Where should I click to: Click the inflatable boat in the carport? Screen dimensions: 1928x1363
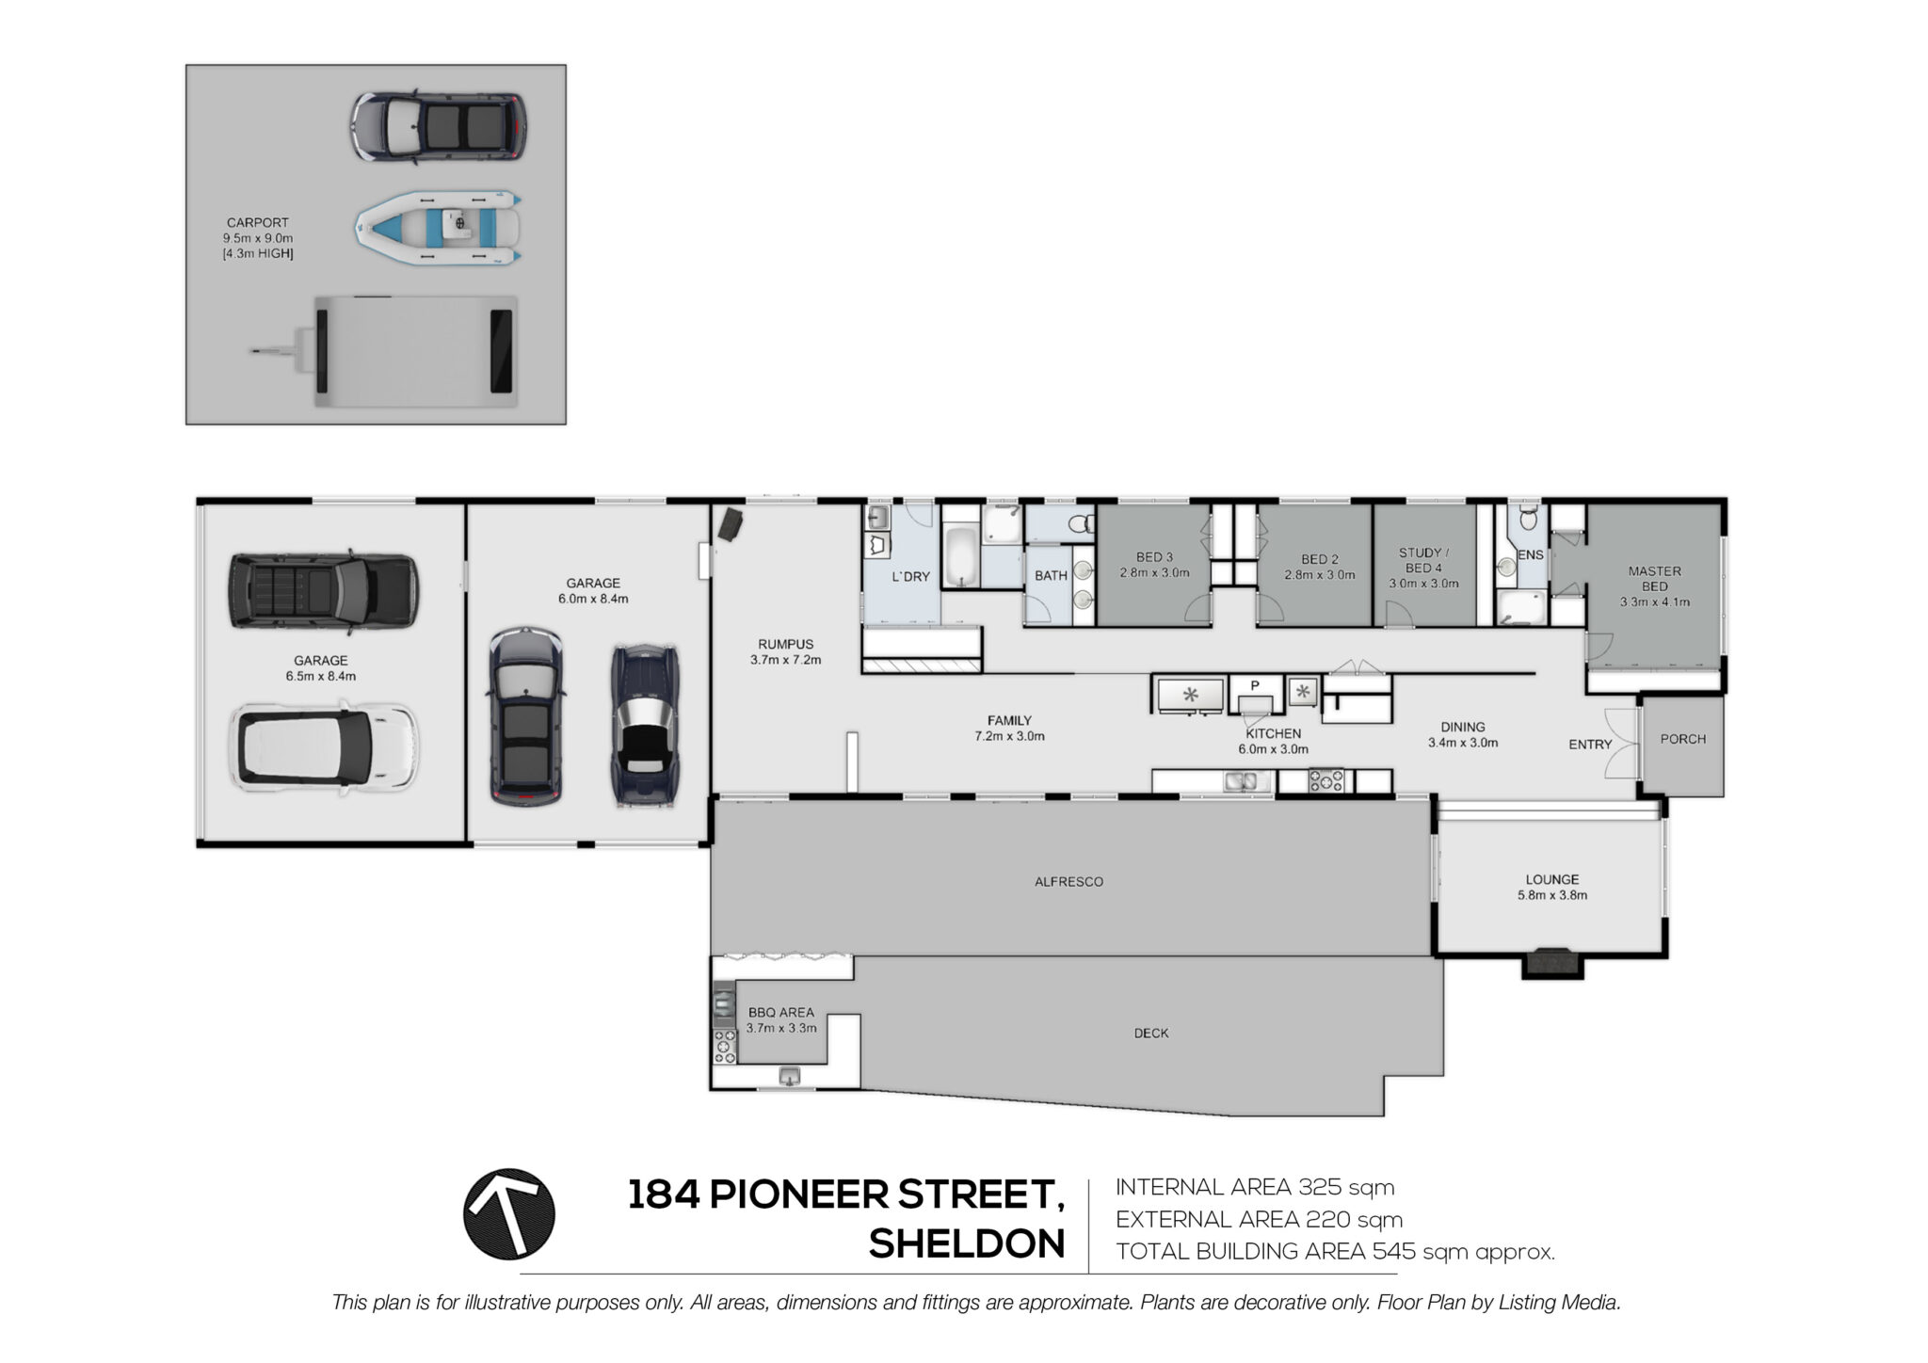point(438,227)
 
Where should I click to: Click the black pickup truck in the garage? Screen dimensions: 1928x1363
point(323,591)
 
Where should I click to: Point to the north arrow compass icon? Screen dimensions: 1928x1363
point(509,1214)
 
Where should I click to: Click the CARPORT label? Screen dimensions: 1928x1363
point(257,223)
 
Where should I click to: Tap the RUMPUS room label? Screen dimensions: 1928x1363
point(785,645)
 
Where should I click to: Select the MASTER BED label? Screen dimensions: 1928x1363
point(1654,579)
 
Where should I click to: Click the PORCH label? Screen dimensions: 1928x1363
point(1683,739)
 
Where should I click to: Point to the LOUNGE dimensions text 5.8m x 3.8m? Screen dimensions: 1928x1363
point(1552,895)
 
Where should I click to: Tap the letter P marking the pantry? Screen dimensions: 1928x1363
point(1255,686)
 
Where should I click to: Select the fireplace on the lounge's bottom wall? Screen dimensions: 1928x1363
point(1552,963)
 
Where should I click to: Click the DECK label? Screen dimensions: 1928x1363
point(1150,1033)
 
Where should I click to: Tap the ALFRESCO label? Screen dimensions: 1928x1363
point(1068,882)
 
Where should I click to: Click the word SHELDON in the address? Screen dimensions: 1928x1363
point(967,1244)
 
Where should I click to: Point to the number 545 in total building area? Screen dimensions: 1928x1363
point(1394,1251)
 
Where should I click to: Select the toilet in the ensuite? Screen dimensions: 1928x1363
point(1529,518)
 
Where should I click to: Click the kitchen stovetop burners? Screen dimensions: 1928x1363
point(1325,780)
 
